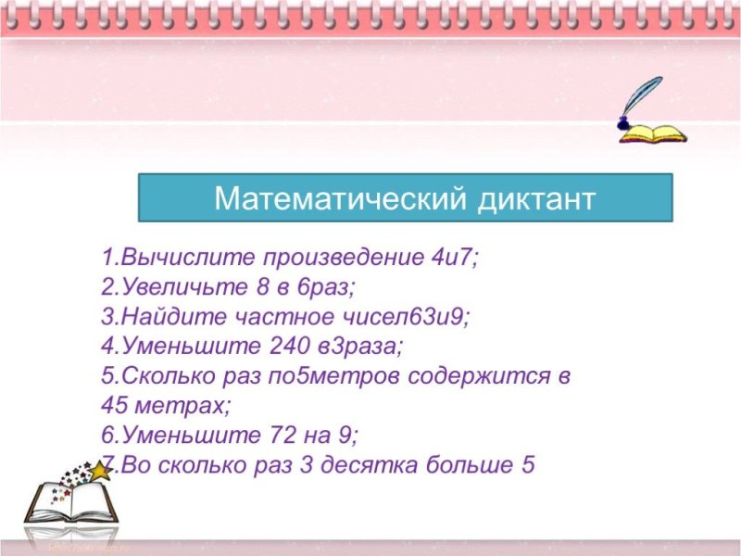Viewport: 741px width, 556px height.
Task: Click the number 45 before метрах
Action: pos(117,406)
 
